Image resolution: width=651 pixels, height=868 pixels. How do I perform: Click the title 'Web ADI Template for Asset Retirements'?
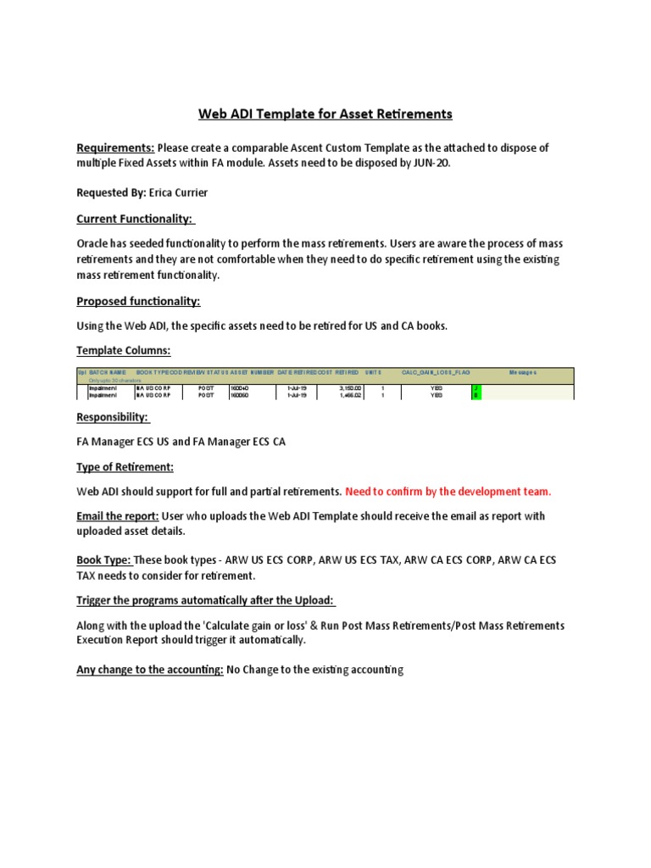click(x=325, y=114)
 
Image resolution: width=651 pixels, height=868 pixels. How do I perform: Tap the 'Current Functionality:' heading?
click(x=136, y=219)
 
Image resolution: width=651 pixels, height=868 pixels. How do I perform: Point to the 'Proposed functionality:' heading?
click(x=138, y=301)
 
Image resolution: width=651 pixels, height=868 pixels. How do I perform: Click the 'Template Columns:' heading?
click(x=124, y=350)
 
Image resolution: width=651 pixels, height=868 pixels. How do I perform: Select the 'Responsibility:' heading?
click(x=113, y=417)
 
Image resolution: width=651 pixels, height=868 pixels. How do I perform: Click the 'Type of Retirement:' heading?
click(x=125, y=467)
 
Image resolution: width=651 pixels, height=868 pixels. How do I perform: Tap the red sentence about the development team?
click(x=448, y=492)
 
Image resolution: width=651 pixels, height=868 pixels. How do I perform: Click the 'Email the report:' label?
click(x=117, y=516)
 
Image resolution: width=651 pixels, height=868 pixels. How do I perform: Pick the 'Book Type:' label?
click(x=104, y=560)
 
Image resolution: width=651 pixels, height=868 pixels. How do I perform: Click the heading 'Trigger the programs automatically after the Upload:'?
click(x=206, y=600)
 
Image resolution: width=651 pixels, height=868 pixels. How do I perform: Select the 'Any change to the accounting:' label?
click(x=150, y=670)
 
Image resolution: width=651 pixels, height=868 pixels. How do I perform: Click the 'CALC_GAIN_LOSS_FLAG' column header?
click(x=436, y=372)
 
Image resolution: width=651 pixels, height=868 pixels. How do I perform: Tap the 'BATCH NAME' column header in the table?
click(x=108, y=372)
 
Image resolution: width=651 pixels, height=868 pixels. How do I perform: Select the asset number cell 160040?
click(x=240, y=387)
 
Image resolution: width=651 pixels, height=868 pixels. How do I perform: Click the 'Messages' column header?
click(x=522, y=372)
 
